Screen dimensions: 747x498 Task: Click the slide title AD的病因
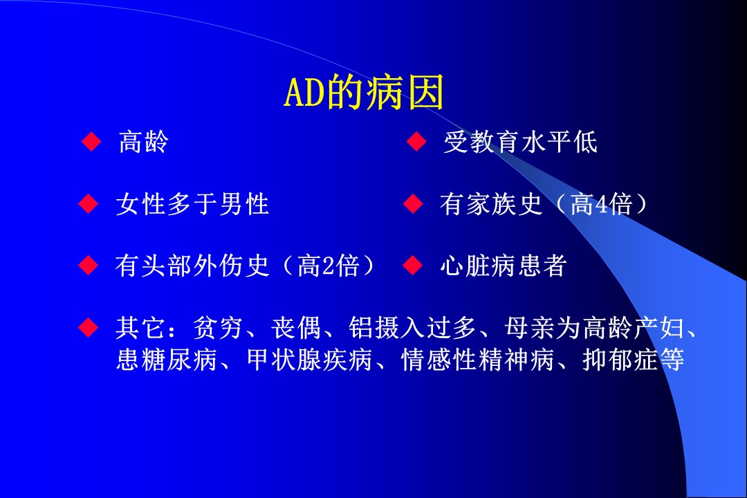click(x=364, y=93)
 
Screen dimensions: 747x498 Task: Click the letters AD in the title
click(x=304, y=93)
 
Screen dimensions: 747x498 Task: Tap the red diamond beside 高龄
click(x=91, y=142)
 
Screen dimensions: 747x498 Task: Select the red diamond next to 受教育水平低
click(x=416, y=142)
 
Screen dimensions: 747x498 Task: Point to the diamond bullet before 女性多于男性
click(x=88, y=203)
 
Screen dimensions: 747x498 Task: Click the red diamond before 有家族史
click(x=413, y=203)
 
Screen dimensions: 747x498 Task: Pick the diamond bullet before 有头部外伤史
click(x=88, y=266)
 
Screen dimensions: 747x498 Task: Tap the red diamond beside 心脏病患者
click(x=413, y=266)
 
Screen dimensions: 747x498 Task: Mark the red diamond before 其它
click(x=88, y=327)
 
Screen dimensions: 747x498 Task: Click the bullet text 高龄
click(x=143, y=142)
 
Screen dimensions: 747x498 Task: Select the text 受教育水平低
click(x=520, y=142)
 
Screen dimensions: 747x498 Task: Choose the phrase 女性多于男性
click(x=192, y=204)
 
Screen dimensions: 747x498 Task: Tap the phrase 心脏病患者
click(x=504, y=266)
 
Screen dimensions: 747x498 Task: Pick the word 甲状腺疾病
click(x=310, y=360)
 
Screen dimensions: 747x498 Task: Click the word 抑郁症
click(x=620, y=360)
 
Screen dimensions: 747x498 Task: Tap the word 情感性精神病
click(x=478, y=360)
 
